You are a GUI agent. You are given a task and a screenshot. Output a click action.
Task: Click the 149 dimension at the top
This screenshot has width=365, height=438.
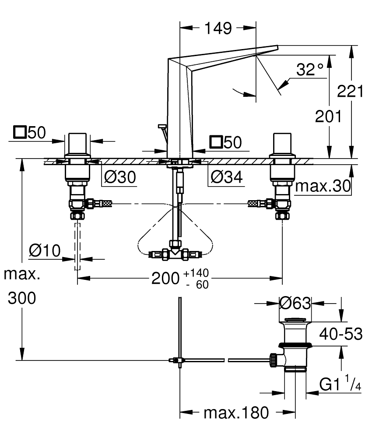click(x=218, y=29)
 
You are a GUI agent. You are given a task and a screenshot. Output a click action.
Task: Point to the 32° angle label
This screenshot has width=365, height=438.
click(x=309, y=70)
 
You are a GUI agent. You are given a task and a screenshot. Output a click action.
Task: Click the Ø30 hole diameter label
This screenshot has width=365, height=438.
click(x=120, y=177)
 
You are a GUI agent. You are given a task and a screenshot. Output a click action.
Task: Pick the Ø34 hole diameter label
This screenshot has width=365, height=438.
click(x=226, y=177)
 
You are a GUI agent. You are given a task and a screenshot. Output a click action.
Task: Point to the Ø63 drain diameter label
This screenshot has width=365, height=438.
click(x=295, y=303)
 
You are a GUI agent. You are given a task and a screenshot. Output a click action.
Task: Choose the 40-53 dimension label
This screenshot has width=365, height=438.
click(x=340, y=334)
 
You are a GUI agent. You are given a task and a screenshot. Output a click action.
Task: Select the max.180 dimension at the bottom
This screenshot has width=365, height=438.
click(x=235, y=412)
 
